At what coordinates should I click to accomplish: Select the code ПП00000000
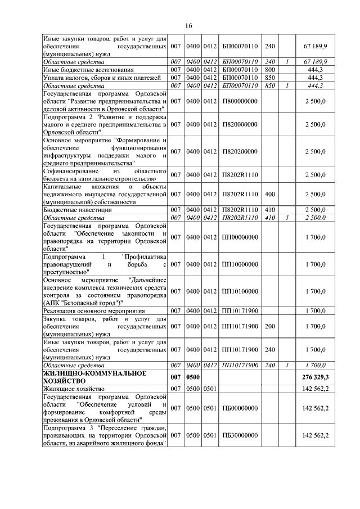click(240, 237)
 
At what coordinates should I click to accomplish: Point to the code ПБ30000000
click(240, 435)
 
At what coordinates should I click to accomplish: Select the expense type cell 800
click(270, 69)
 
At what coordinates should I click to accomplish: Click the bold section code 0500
click(193, 376)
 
